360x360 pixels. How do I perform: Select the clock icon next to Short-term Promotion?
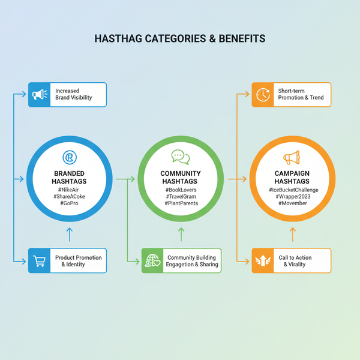click(x=263, y=95)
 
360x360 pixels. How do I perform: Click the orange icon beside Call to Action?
click(x=263, y=261)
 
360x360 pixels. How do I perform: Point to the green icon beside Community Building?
click(x=152, y=261)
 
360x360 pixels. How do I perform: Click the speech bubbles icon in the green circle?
click(x=180, y=157)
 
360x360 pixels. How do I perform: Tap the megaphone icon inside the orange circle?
click(x=292, y=158)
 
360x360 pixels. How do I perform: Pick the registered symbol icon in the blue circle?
click(x=69, y=158)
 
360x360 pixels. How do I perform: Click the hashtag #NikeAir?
click(x=69, y=190)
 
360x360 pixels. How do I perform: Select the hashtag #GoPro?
click(x=69, y=203)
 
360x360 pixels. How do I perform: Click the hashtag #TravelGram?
click(x=181, y=197)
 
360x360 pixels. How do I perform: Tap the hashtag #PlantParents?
click(x=181, y=203)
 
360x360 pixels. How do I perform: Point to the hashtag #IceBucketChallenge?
click(x=292, y=190)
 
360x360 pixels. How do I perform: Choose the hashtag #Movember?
click(x=292, y=203)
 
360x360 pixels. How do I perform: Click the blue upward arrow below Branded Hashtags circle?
click(x=69, y=233)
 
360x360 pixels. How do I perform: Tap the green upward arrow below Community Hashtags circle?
click(x=181, y=233)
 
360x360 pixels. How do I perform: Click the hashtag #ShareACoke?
click(x=69, y=197)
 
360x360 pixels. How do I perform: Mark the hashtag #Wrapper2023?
click(x=292, y=197)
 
